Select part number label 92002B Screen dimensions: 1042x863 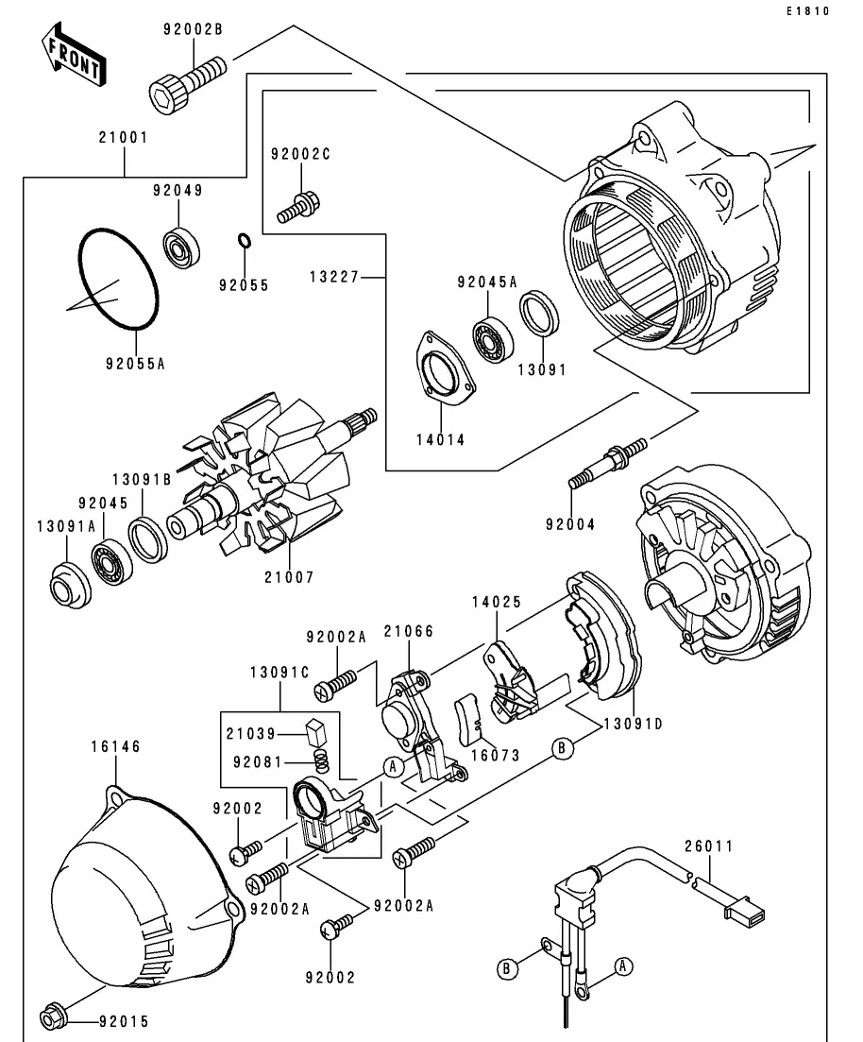pyautogui.click(x=192, y=30)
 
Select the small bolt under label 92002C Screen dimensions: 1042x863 pyautogui.click(x=301, y=208)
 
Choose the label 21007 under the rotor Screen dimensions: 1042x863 pyautogui.click(x=290, y=576)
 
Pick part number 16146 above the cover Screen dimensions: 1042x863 pyautogui.click(x=116, y=746)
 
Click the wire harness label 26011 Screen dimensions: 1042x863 pyautogui.click(x=708, y=846)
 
